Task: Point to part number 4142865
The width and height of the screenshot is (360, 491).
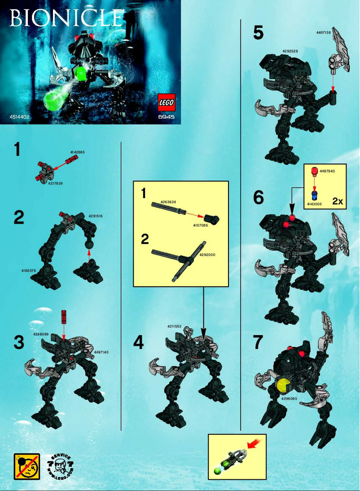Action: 77,153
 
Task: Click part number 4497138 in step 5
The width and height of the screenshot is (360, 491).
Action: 324,33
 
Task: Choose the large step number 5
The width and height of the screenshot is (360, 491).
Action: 258,33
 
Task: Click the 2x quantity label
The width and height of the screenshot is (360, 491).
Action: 338,202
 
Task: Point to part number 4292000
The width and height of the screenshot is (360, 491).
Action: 208,255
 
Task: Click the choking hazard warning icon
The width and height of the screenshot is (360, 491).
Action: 26,466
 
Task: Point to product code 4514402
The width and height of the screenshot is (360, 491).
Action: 20,118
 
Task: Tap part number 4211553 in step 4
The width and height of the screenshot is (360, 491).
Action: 175,327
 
